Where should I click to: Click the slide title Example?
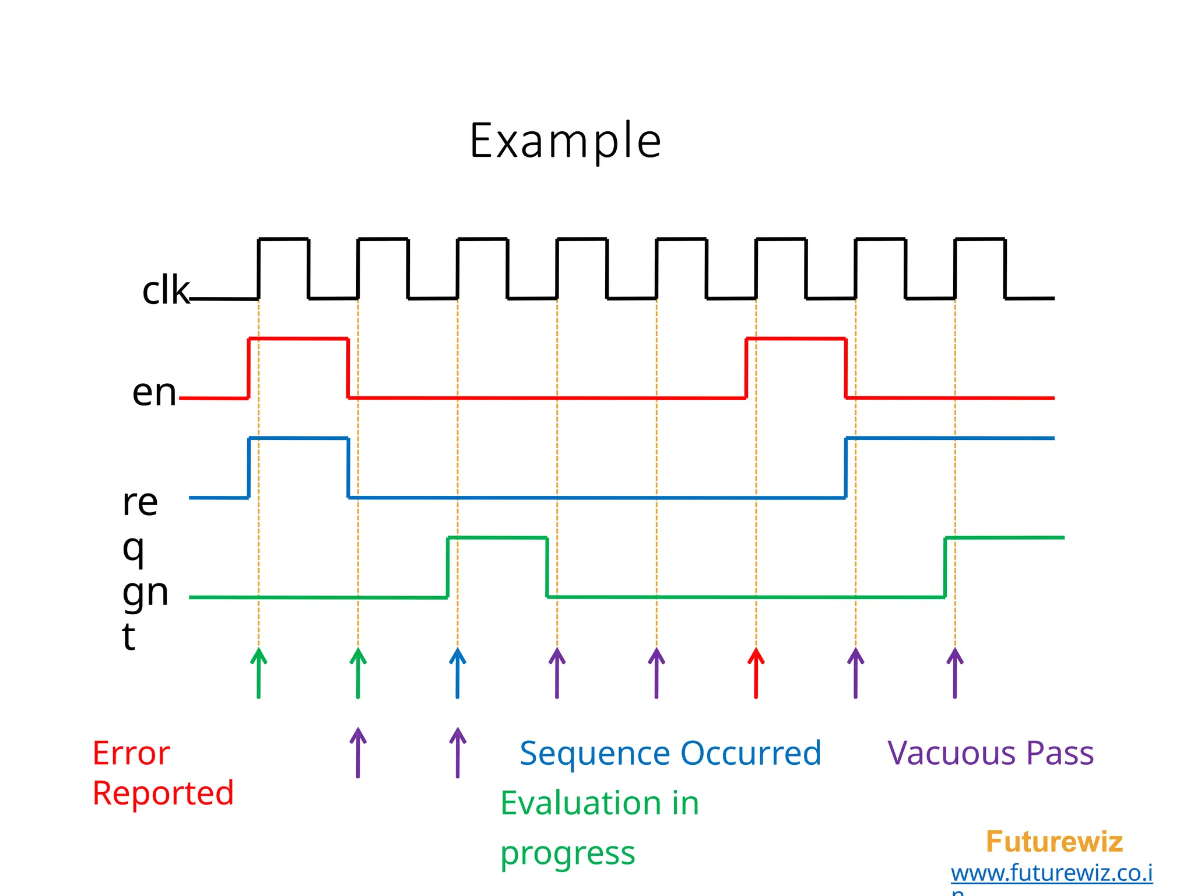[x=565, y=141]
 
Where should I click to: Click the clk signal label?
[x=166, y=290]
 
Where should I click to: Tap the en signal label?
[x=154, y=392]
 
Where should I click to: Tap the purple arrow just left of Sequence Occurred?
[x=458, y=752]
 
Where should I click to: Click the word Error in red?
[x=131, y=753]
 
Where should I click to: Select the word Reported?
[x=163, y=793]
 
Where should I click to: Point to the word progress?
[x=567, y=854]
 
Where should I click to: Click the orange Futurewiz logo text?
[x=1054, y=842]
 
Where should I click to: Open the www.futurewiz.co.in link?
[x=1051, y=873]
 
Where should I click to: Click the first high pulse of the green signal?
[x=497, y=538]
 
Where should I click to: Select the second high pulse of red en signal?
[x=796, y=339]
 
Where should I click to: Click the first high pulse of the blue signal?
[x=298, y=438]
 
